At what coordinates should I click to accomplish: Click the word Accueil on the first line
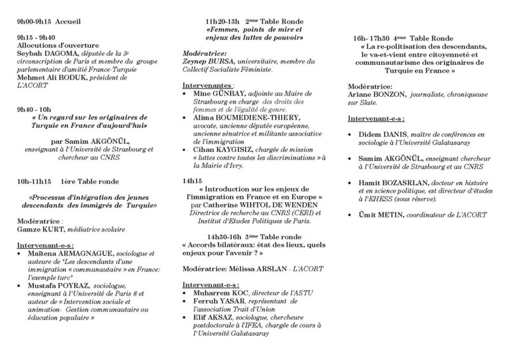pyautogui.click(x=69, y=21)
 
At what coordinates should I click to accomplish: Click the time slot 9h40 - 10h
pyautogui.click(x=38, y=109)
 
